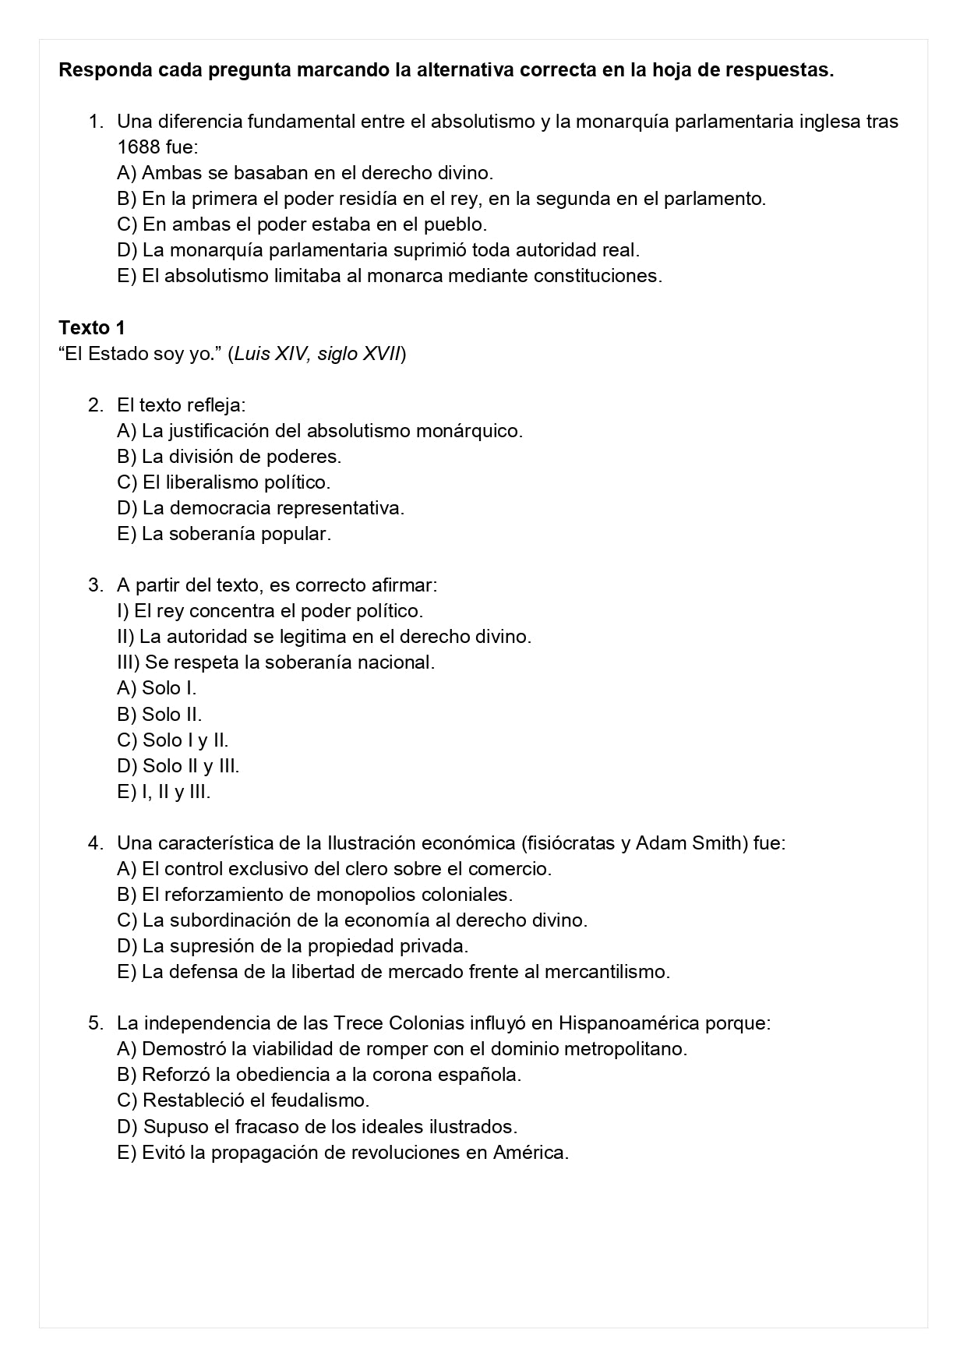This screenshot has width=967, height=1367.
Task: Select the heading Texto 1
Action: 91,327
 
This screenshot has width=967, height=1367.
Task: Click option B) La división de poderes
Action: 229,457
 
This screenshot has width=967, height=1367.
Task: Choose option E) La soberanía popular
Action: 224,534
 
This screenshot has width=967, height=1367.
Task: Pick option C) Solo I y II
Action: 172,740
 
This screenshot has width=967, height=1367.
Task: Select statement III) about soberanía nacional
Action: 276,662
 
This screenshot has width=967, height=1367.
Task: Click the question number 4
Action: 95,843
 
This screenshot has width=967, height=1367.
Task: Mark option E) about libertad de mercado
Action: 394,972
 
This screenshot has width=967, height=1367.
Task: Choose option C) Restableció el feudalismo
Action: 243,1100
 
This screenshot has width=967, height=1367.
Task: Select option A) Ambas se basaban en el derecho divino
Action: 305,173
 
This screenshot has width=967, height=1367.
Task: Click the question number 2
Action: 95,405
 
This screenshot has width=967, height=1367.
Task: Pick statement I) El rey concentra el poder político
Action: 270,611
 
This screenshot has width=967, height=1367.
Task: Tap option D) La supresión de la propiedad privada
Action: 292,946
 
